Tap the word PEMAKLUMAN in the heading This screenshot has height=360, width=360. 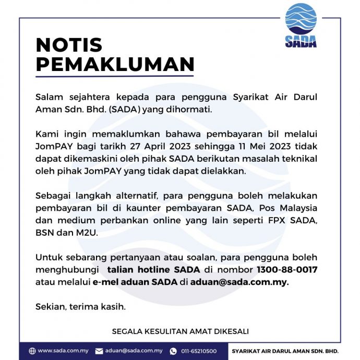(x=115, y=64)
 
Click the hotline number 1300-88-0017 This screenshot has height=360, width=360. (x=287, y=270)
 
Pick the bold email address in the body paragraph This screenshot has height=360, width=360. (x=239, y=282)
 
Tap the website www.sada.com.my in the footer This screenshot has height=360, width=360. (x=63, y=351)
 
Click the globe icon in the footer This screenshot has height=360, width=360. (x=32, y=351)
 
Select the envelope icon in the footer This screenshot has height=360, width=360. (x=99, y=351)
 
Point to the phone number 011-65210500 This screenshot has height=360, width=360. (x=199, y=351)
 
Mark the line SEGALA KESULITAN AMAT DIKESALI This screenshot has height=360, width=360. (x=180, y=331)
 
